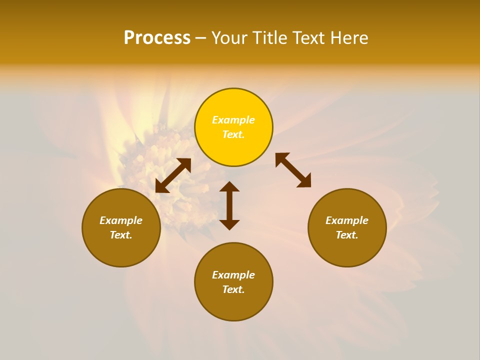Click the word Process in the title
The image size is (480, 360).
(157, 38)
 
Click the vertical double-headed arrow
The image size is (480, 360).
(229, 205)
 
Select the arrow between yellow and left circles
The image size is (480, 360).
(173, 175)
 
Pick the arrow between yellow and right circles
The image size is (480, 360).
(293, 170)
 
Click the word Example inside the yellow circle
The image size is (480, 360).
(233, 120)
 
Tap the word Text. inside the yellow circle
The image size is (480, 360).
(233, 134)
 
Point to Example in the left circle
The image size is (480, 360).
(121, 220)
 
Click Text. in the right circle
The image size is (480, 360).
(347, 235)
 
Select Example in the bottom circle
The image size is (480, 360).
(233, 275)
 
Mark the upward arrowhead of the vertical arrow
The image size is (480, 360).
(229, 187)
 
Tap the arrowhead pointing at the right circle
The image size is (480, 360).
(304, 181)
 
